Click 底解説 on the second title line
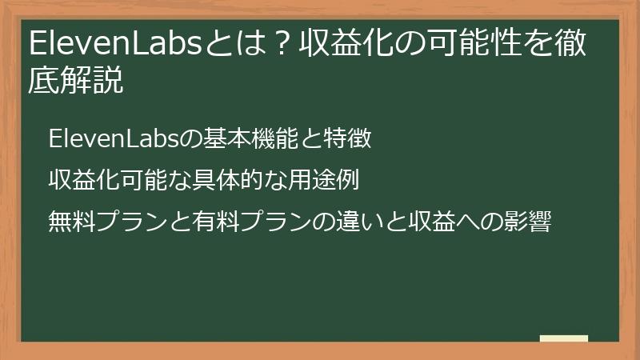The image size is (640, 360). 76,82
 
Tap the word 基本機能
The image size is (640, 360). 253,139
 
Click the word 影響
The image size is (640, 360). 529,220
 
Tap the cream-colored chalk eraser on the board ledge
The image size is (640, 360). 564,338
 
